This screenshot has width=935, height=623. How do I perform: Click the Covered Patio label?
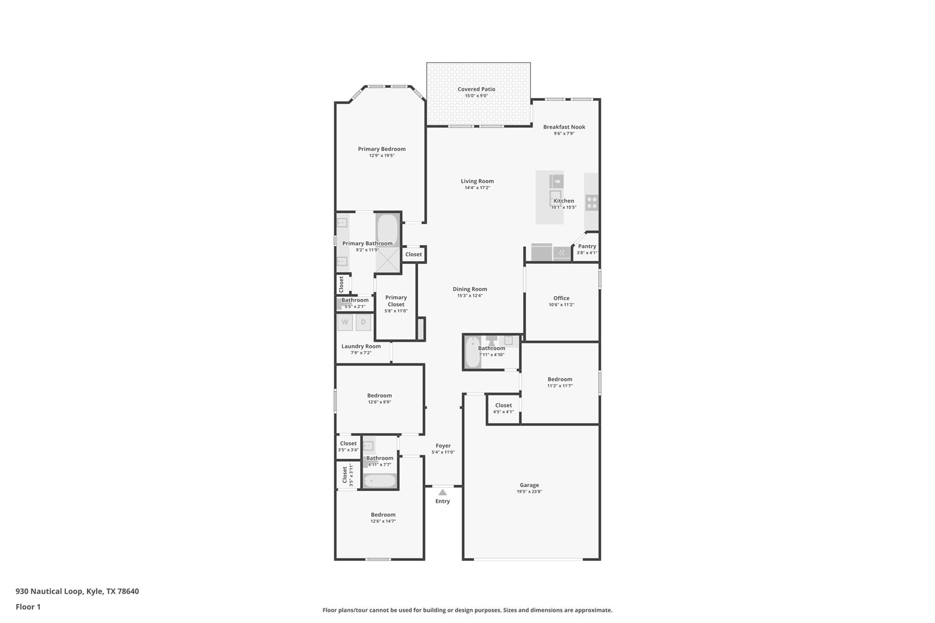tap(476, 89)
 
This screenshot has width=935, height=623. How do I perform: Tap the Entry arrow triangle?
tap(442, 492)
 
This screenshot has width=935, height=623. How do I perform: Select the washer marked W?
tap(345, 322)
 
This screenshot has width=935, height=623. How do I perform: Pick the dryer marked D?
tap(363, 322)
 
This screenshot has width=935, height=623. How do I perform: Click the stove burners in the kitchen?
tap(592, 203)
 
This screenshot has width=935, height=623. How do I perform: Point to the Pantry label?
tap(587, 246)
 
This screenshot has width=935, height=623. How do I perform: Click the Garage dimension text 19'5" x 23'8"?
tap(529, 492)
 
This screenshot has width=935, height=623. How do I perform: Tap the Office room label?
tap(561, 298)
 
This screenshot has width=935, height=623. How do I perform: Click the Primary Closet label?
tap(396, 301)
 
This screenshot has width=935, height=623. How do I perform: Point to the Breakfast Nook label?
tap(564, 127)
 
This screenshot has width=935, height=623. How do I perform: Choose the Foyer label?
tap(443, 446)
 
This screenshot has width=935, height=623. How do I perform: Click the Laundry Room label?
tap(361, 346)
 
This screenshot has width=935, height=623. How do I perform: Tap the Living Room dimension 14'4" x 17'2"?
tap(477, 188)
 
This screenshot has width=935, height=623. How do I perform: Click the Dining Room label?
tap(470, 289)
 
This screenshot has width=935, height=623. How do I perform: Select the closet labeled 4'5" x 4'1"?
tap(503, 408)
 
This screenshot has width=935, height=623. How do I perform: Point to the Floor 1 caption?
tap(28, 607)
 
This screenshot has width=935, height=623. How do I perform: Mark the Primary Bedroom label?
tap(382, 149)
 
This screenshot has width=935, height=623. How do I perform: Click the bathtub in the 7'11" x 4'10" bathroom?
tap(473, 352)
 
